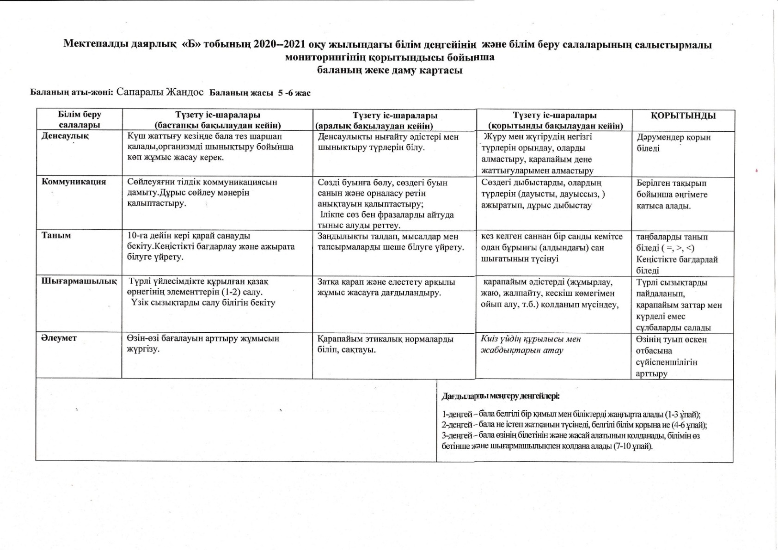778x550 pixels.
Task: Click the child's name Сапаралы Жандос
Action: click(160, 92)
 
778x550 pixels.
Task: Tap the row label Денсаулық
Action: click(65, 136)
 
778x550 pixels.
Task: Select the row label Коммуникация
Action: click(74, 182)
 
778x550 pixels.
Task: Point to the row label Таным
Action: click(56, 235)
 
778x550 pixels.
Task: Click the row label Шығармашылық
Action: click(79, 281)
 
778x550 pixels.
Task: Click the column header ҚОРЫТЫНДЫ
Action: click(683, 116)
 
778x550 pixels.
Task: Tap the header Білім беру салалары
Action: click(80, 120)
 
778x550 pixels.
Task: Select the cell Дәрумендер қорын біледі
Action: click(673, 143)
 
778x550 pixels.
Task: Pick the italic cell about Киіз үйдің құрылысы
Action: click(531, 344)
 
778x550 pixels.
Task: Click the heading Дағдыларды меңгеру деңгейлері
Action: click(501, 396)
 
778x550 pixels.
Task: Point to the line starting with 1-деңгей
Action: click(571, 414)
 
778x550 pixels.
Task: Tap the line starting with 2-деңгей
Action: click(574, 425)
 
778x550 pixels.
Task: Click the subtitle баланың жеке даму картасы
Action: click(390, 71)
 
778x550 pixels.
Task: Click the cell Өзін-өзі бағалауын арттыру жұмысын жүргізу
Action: click(203, 343)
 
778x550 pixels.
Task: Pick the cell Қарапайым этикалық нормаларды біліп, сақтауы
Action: click(385, 344)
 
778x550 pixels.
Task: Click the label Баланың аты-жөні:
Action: click(72, 92)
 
